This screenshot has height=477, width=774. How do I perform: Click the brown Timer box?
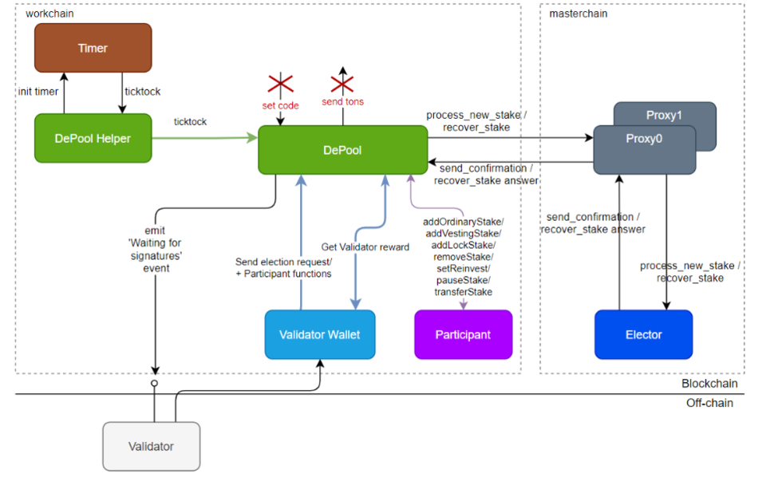click(x=93, y=48)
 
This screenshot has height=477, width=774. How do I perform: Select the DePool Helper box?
click(x=93, y=138)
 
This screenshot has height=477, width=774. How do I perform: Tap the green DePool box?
click(x=343, y=150)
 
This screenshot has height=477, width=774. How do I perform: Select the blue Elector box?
click(x=643, y=335)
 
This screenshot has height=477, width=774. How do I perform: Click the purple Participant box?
click(x=463, y=335)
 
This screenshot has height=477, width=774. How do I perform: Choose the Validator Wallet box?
click(x=319, y=335)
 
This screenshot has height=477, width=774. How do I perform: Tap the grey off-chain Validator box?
click(x=151, y=447)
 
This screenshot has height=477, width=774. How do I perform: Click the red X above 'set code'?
click(x=280, y=84)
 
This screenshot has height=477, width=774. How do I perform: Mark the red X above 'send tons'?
click(x=342, y=84)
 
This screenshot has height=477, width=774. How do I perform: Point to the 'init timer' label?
click(x=38, y=92)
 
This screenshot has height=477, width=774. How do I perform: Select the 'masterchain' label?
click(x=579, y=14)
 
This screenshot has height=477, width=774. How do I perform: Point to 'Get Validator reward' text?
click(x=365, y=247)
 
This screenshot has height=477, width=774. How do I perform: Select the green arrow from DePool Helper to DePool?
click(x=204, y=138)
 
